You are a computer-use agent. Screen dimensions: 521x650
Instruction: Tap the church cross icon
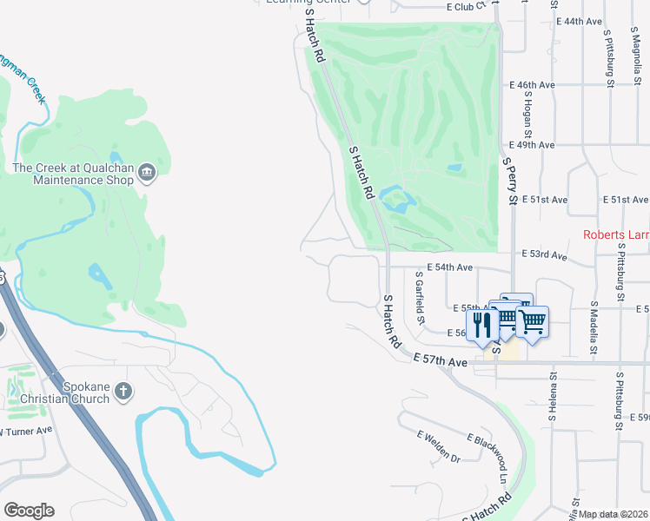(x=123, y=391)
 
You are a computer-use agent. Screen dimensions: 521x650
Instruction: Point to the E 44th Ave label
(x=581, y=21)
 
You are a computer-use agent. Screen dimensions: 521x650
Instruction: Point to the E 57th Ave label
(x=441, y=359)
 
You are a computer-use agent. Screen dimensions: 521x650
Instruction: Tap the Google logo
(x=29, y=511)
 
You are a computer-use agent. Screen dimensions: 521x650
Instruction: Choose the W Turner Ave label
(x=26, y=430)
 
